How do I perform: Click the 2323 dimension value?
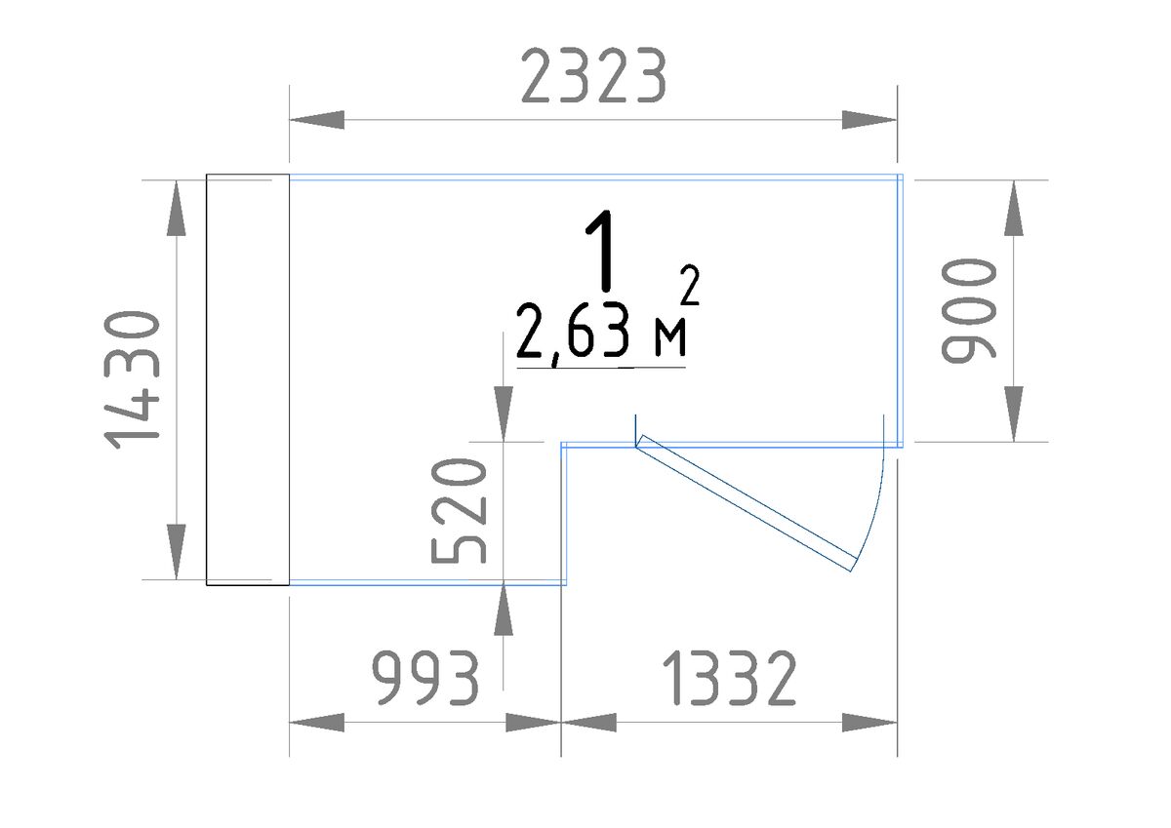tap(594, 76)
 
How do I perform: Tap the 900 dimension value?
tap(968, 310)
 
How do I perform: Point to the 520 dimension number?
tap(459, 511)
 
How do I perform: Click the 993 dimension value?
tap(425, 678)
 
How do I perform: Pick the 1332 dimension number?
tap(729, 678)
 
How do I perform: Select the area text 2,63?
tap(573, 333)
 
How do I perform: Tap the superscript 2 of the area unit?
tap(690, 285)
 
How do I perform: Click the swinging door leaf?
tap(747, 503)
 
